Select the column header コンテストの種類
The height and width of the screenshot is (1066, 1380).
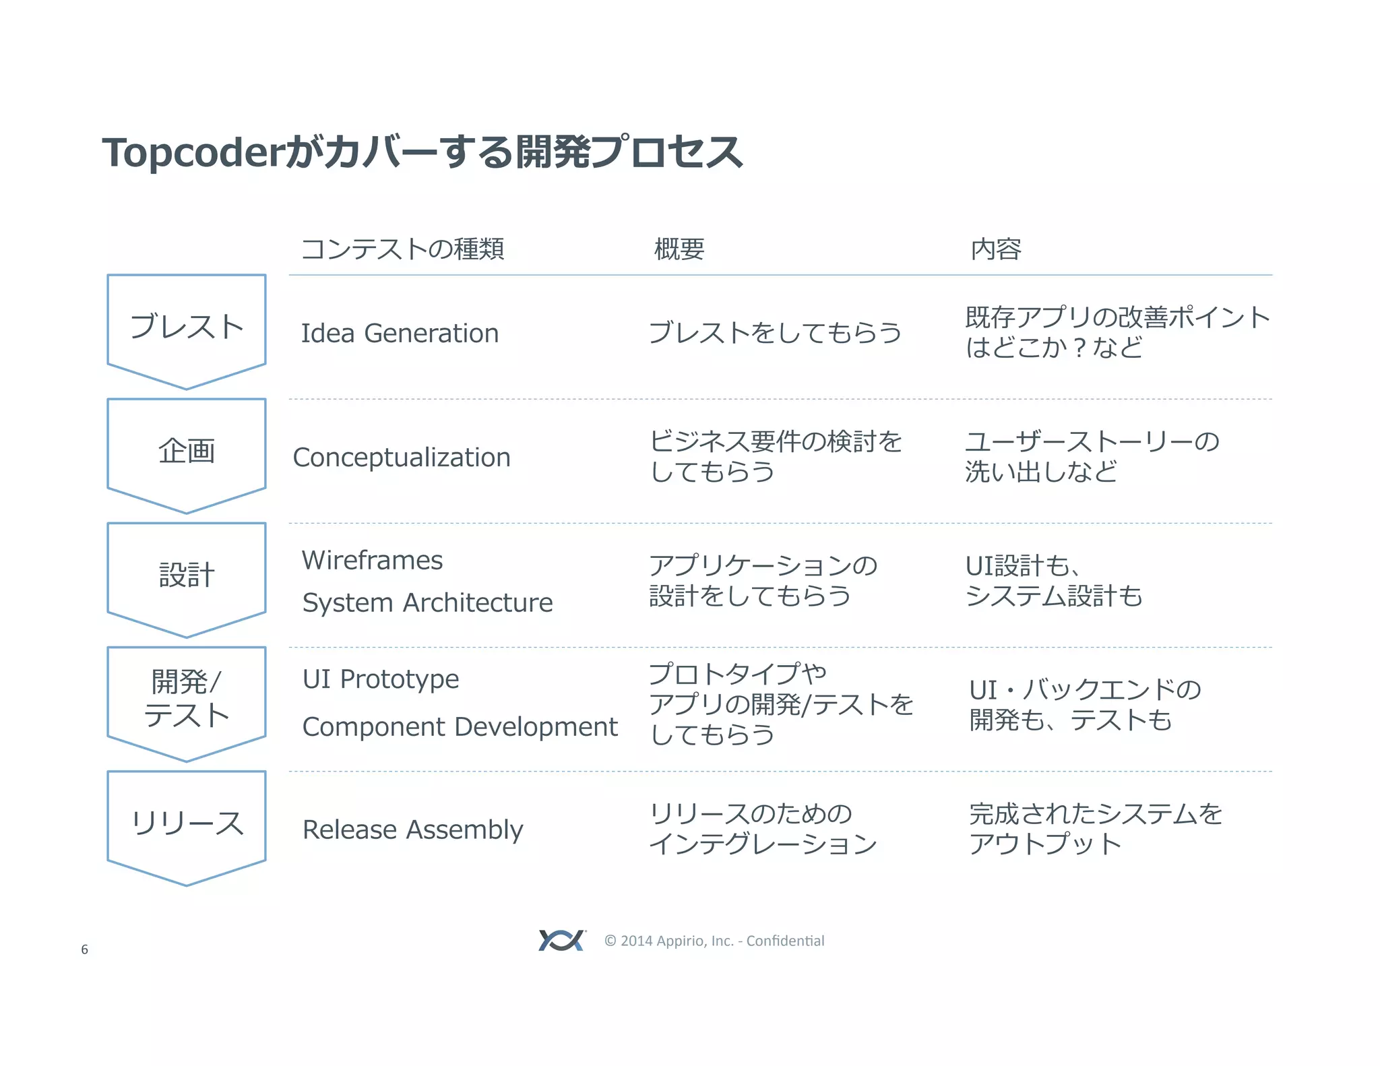click(x=402, y=249)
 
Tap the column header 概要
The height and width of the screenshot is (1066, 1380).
click(x=679, y=249)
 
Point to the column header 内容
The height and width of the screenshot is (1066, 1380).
click(x=995, y=249)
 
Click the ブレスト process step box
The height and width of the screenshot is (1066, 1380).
click(x=187, y=327)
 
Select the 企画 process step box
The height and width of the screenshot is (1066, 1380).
click(x=187, y=451)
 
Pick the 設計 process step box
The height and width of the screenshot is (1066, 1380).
click(x=187, y=575)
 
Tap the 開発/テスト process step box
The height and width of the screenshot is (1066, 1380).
click(x=187, y=699)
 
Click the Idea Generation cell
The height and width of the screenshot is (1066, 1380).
click(x=400, y=334)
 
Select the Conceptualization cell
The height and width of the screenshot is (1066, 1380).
click(x=402, y=458)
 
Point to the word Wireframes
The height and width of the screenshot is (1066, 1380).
click(x=372, y=561)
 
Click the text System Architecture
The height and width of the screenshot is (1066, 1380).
click(x=427, y=602)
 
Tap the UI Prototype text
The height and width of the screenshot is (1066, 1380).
click(x=381, y=679)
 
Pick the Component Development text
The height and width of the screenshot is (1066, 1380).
click(x=460, y=727)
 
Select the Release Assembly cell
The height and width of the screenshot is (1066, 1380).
click(x=412, y=829)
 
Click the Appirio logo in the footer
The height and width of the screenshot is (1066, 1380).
click(x=561, y=940)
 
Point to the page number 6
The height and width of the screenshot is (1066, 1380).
click(x=84, y=949)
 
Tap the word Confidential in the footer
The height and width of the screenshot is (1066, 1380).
click(x=785, y=941)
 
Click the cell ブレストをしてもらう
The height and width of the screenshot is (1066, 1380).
click(x=775, y=333)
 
